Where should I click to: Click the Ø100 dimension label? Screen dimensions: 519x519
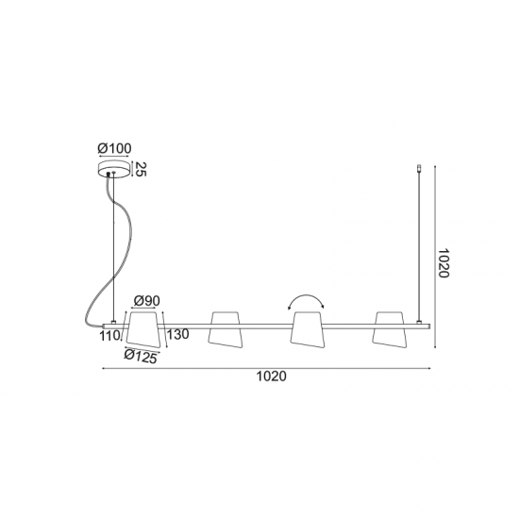click(x=114, y=148)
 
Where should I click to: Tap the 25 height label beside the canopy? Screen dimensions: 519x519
click(x=141, y=169)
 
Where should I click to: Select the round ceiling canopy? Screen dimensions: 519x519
click(x=114, y=170)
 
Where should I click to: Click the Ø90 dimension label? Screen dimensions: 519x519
click(x=146, y=301)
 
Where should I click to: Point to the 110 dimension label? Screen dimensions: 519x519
click(x=109, y=336)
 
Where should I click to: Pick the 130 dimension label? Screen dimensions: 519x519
click(x=177, y=335)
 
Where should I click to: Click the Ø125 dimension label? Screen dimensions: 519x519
click(x=141, y=357)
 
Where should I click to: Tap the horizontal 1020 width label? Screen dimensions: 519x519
click(x=272, y=377)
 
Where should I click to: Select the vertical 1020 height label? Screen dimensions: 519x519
click(x=443, y=263)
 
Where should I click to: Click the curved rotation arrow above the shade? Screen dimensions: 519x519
click(x=307, y=295)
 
